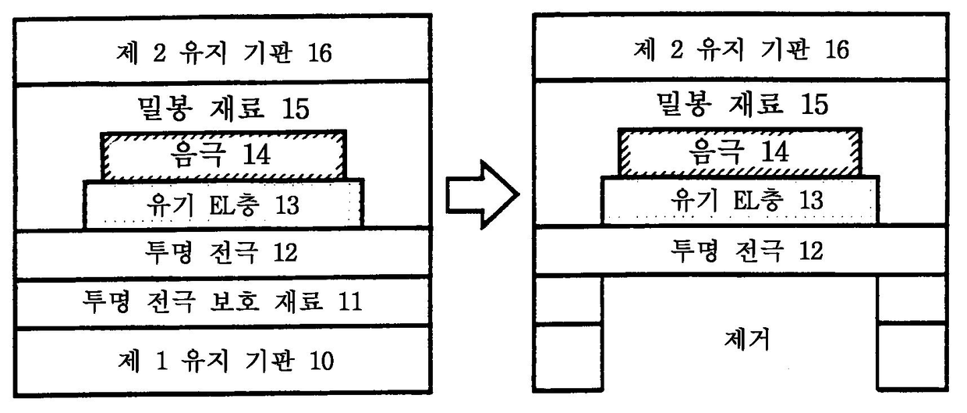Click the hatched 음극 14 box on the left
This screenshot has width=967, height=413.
tap(224, 155)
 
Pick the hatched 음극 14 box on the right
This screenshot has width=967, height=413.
tap(740, 151)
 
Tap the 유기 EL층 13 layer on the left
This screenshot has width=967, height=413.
tap(223, 205)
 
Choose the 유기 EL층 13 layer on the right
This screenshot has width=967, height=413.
tap(740, 200)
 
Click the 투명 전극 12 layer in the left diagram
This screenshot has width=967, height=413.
tap(222, 253)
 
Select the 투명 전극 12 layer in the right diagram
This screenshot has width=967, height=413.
tap(740, 251)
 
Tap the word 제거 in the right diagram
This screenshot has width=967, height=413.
tap(741, 340)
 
